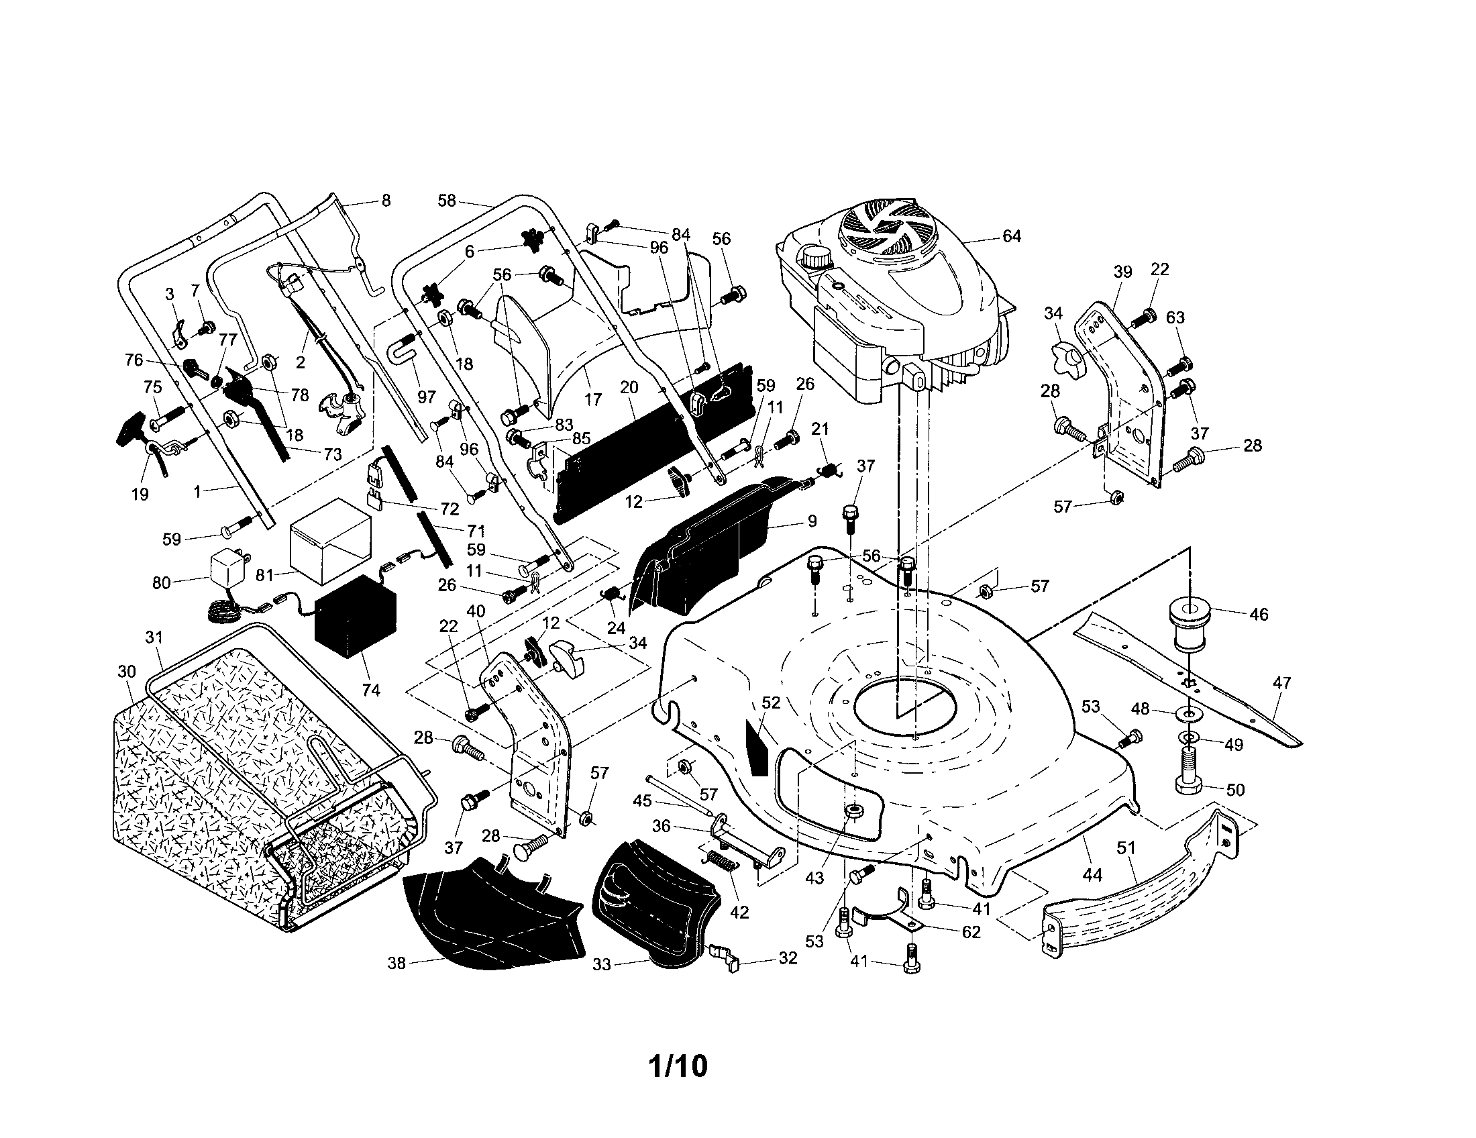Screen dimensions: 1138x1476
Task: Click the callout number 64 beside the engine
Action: coord(1011,236)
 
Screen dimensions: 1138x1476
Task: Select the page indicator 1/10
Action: coord(678,1066)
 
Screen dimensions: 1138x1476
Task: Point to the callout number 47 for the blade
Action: coord(1281,683)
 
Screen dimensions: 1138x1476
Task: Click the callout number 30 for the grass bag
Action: coord(126,672)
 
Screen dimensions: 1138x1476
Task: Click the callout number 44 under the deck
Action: coord(1092,876)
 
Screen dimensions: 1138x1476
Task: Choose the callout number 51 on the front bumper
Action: coord(1126,848)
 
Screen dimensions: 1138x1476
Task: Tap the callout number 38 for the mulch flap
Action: coord(396,962)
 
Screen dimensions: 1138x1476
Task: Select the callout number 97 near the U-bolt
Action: coord(427,397)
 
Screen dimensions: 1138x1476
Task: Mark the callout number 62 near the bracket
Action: coord(971,932)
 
